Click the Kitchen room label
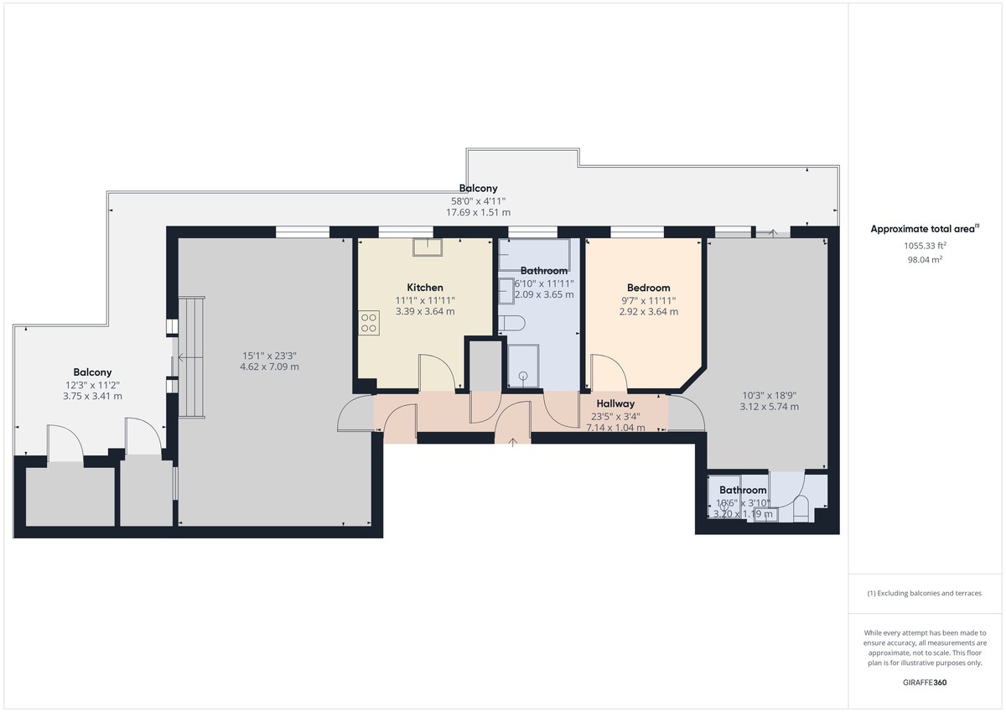coord(425,288)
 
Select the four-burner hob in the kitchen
coord(368,323)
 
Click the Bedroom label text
coord(649,288)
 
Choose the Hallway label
coord(615,403)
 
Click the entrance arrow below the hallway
coord(513,439)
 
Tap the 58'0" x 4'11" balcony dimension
coord(478,200)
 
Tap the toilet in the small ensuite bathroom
coord(801,508)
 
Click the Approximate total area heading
coord(924,229)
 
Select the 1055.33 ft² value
coord(924,246)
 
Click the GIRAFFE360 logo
coord(924,683)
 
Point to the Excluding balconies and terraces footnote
coord(924,593)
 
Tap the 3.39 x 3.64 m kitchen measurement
coord(425,312)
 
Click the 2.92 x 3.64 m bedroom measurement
coord(649,312)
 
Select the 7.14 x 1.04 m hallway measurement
coord(615,427)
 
